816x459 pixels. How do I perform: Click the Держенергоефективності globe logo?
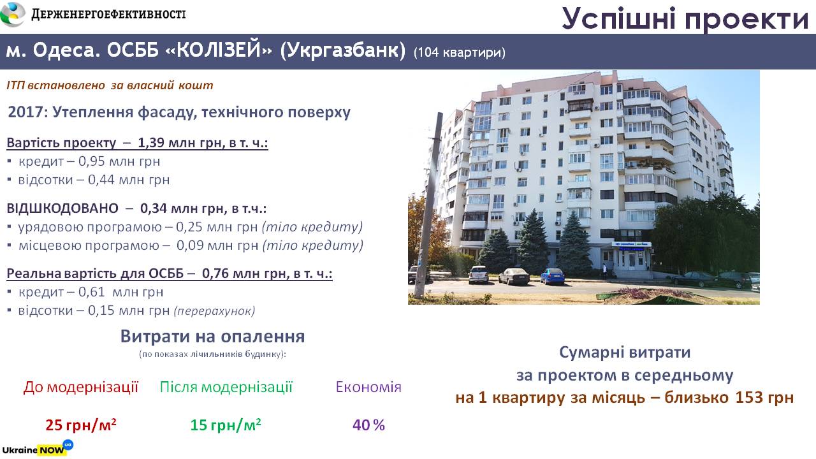13,14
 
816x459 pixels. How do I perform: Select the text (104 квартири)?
460,52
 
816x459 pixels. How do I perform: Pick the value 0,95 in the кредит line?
91,161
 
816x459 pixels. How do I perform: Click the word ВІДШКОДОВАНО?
62,208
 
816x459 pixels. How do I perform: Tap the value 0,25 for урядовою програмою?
189,227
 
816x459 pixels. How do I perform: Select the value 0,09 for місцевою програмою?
190,245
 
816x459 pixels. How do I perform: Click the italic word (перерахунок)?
215,310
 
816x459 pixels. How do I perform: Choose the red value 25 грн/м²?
81,425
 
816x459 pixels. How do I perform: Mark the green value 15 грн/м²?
226,425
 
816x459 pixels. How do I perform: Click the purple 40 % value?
368,425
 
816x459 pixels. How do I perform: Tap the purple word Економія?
368,387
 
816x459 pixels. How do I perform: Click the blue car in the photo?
552,276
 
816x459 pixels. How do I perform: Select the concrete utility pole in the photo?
429,205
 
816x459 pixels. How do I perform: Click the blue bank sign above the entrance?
631,244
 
